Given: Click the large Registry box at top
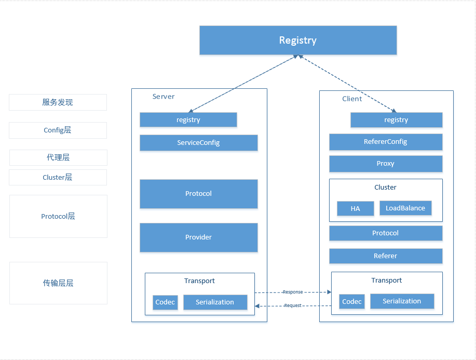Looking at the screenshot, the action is tap(298, 40).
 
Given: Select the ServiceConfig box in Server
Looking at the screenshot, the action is tap(198, 143).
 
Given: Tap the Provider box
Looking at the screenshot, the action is tap(198, 237).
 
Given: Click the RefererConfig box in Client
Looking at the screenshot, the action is tap(386, 142).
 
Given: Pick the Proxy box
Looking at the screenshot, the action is tap(386, 164).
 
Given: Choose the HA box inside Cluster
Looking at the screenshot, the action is tap(355, 208).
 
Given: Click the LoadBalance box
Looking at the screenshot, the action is tap(405, 208).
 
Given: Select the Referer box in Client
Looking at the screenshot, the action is tap(386, 256).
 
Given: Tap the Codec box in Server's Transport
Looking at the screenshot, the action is tap(165, 302).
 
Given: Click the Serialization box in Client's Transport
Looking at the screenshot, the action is tap(402, 301).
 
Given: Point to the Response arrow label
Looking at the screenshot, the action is tap(293, 292).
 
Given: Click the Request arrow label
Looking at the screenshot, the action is tap(293, 305).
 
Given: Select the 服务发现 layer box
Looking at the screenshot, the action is tap(58, 102).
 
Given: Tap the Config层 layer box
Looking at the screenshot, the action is tap(58, 130).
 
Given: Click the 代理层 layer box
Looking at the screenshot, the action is tap(58, 157).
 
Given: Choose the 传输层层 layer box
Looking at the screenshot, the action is tap(58, 283).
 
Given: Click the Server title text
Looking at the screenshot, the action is tap(164, 97).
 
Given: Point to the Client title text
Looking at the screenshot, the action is tap(352, 99).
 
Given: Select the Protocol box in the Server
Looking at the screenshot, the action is tap(198, 194).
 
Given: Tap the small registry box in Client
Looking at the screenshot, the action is tap(396, 120).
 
